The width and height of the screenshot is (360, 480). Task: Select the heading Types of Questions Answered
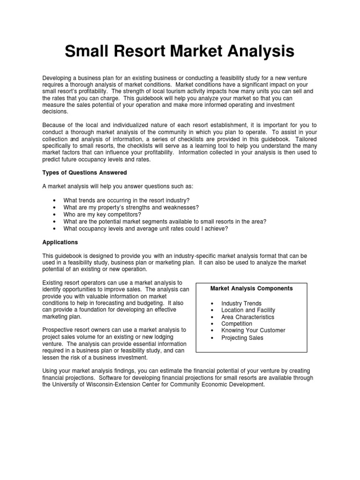(84, 172)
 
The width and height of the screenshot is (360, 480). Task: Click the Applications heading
(60, 242)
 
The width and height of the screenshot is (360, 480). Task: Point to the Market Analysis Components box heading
(251, 288)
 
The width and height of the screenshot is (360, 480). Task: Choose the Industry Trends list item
(241, 303)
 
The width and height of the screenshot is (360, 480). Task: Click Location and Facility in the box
(248, 310)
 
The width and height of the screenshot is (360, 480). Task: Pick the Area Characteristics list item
(247, 317)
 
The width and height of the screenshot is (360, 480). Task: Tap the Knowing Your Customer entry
(253, 330)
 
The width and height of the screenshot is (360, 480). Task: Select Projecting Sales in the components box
(242, 337)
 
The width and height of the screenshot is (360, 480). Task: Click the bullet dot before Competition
(212, 324)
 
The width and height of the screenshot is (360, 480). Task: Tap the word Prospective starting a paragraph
(58, 330)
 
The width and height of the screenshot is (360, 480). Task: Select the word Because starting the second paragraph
(54, 125)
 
